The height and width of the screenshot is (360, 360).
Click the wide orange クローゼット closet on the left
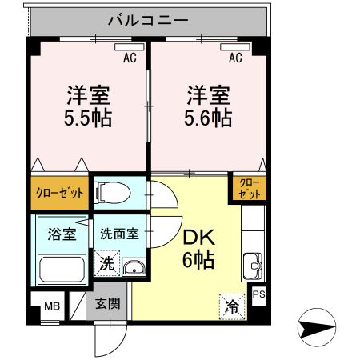click(x=60, y=193)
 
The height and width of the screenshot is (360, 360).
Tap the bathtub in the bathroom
click(x=61, y=268)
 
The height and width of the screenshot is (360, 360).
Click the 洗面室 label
click(x=119, y=234)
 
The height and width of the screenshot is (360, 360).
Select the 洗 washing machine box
click(x=106, y=262)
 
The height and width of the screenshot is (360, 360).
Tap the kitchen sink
click(x=254, y=262)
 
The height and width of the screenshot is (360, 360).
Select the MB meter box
click(x=50, y=306)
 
